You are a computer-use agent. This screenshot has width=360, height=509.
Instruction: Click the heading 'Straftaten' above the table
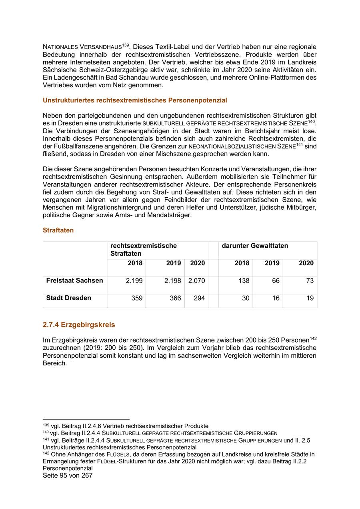[x=58, y=230]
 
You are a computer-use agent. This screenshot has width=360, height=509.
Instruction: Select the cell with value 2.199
[x=134, y=281]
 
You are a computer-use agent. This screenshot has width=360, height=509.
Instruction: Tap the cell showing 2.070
[x=197, y=281]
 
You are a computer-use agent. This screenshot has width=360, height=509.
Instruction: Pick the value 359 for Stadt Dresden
[x=137, y=298]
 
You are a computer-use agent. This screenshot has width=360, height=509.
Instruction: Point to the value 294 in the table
[x=199, y=298]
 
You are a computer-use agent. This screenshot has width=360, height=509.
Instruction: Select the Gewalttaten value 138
[x=243, y=281]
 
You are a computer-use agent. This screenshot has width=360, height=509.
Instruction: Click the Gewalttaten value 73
[x=310, y=281]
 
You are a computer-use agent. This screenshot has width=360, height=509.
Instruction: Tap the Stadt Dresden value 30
[x=246, y=298]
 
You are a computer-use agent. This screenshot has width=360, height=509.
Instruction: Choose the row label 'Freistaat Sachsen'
[x=74, y=281]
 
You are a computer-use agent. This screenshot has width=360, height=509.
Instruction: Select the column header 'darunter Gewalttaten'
[x=255, y=246]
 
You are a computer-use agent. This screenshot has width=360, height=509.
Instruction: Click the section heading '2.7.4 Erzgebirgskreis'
[x=79, y=325]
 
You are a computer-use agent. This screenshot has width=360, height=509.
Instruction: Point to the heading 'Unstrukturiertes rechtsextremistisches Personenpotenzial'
[x=135, y=100]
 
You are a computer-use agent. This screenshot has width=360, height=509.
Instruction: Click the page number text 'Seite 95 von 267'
[x=68, y=476]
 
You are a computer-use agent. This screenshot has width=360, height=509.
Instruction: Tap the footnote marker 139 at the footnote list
[x=46, y=425]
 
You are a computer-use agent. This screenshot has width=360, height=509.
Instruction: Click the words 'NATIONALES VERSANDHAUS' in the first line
[x=82, y=47]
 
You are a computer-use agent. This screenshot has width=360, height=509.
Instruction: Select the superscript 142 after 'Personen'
[x=313, y=338]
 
